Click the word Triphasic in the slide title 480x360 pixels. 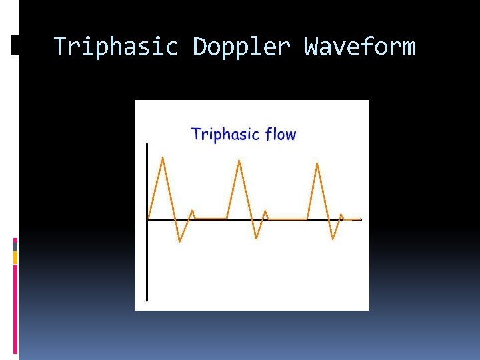115,47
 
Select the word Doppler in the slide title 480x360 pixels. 241,47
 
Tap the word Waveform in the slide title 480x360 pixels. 359,47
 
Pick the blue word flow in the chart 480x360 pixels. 280,134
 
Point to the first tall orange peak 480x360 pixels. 163,158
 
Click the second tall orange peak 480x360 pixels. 239,161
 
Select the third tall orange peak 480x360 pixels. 317,163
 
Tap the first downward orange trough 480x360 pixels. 179,241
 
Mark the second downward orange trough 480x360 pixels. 257,237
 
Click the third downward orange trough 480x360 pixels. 333,239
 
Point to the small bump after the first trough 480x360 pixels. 193,212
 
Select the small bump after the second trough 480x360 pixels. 265,212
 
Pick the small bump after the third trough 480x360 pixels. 341,215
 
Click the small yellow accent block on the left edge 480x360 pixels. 15,257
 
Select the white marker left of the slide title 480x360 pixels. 15,45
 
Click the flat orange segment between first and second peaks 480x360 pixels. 210,218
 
